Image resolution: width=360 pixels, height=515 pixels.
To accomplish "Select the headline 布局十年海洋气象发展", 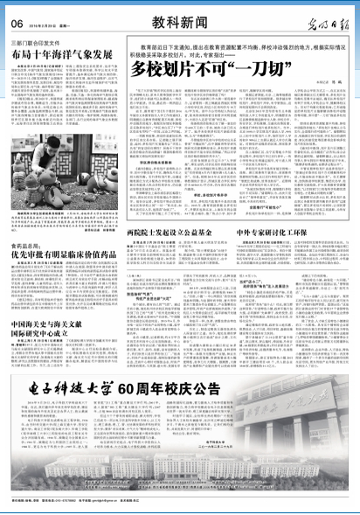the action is tap(60, 54).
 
